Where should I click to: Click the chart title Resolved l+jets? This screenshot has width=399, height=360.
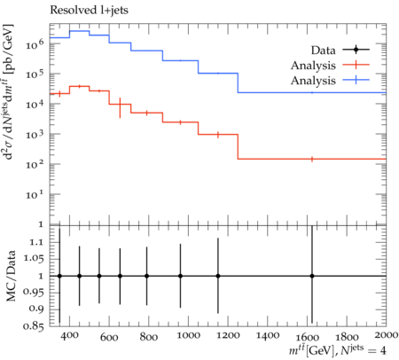coord(89,10)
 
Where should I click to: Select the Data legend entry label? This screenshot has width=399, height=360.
coord(324,51)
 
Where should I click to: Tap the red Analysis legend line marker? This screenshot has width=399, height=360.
coord(356,65)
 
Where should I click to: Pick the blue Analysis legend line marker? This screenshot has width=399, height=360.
coord(356,80)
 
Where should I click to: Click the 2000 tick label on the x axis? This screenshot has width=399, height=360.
coord(386,334)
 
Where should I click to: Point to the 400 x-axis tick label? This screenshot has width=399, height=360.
coord(70,335)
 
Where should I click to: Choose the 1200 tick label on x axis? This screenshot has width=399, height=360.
coord(228,335)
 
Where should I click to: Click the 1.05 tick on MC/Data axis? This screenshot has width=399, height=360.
coord(34,259)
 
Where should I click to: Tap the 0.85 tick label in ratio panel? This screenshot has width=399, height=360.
coord(34,326)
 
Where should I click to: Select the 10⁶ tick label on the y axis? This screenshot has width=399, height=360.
coord(35,43)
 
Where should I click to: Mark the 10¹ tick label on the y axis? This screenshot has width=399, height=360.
coord(35,194)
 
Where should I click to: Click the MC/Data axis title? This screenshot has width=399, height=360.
coord(11,276)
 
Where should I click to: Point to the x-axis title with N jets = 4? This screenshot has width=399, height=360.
coord(338,350)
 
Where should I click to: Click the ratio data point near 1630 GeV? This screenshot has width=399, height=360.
coord(312,276)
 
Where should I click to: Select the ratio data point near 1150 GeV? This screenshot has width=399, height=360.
coord(218,276)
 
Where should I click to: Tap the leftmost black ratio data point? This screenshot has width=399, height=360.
coord(59,276)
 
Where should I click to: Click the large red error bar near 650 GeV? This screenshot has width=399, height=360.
coord(120,108)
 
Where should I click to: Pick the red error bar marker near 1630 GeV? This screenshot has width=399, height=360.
coord(312,159)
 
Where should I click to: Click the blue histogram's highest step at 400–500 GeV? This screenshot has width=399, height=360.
coord(80,31)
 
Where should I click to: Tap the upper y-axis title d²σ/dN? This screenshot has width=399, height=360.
coord(10,91)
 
